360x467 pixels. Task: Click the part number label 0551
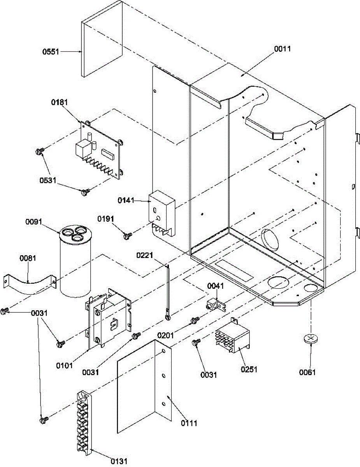pos(51,52)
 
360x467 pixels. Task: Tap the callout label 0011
pos(282,49)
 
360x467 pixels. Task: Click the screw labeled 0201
pos(195,320)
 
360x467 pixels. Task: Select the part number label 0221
pos(145,256)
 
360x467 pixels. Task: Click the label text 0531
pos(48,180)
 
